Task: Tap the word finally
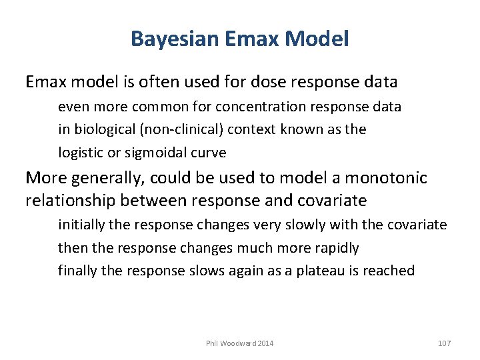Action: pyautogui.click(x=74, y=271)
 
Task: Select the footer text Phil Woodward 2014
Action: pyautogui.click(x=239, y=343)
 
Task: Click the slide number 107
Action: pyautogui.click(x=445, y=343)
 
